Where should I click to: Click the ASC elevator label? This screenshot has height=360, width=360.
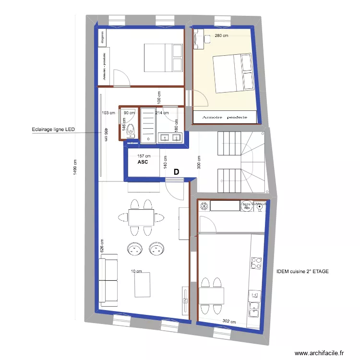143,162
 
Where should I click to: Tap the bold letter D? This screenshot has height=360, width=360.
176,171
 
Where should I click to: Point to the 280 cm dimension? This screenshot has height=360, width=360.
221,36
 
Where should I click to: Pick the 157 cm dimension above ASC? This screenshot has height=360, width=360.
144,156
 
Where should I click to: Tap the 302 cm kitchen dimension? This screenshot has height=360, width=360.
228,321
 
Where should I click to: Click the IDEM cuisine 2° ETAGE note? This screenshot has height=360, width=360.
302,272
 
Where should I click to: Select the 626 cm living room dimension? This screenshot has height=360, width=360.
102,246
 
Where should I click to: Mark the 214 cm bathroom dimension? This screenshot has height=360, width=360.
162,113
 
